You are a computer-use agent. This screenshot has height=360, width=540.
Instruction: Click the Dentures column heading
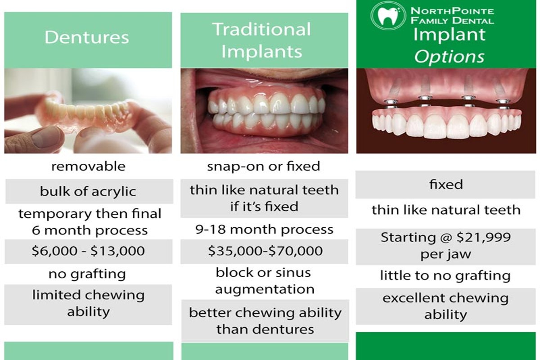87,37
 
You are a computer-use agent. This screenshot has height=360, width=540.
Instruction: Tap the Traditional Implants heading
262,40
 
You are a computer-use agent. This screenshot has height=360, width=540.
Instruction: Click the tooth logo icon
387,16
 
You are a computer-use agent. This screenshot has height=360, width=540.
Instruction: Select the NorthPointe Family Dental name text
452,16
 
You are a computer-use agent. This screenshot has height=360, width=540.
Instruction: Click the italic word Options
450,57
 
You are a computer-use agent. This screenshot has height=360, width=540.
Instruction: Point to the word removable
88,166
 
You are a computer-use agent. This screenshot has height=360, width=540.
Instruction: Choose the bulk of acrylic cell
89,191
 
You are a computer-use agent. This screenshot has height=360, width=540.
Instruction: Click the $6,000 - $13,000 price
88,251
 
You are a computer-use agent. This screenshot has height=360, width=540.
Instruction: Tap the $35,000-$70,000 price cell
265,251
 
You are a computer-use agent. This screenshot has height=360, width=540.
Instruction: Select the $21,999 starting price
484,237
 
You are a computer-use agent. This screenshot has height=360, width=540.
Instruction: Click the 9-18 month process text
265,229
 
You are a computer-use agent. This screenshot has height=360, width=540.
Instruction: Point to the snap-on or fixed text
264,166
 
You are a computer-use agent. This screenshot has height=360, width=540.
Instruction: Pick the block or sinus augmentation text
264,281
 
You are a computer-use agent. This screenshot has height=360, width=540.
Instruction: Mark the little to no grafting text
445,275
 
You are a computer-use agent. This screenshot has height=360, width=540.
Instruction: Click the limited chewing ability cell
88,304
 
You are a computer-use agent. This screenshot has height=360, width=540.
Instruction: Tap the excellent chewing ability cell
445,306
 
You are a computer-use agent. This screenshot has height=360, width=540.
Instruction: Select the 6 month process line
90,230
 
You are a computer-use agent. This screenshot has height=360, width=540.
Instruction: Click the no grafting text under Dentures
87,274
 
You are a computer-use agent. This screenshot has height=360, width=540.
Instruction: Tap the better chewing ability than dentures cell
265,321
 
